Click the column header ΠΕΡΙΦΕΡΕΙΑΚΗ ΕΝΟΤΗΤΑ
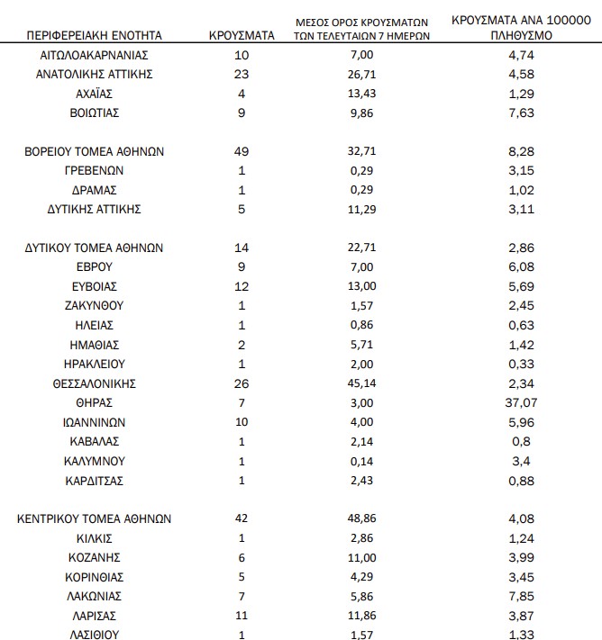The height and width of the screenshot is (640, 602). tap(95, 36)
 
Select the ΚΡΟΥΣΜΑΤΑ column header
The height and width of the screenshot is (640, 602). tap(242, 36)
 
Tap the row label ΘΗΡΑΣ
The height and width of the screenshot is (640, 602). tap(95, 401)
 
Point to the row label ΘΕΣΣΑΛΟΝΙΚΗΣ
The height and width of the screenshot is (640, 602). tap(95, 383)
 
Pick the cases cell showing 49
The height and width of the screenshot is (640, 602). tap(242, 151)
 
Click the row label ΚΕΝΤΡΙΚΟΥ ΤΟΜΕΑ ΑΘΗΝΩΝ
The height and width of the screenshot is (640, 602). tap(95, 518)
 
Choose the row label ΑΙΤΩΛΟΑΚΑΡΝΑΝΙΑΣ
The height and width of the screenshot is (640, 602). tap(95, 55)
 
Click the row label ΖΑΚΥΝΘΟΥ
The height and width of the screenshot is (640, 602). tap(95, 306)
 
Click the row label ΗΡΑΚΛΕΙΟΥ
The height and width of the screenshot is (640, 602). tap(95, 364)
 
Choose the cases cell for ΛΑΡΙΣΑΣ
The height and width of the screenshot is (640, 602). tap(242, 615)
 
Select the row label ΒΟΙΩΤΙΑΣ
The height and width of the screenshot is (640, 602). tap(95, 113)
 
